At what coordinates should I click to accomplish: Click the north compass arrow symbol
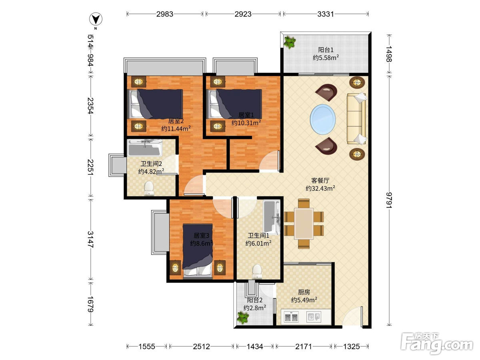pos(96,19)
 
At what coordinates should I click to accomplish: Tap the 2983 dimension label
pos(165,14)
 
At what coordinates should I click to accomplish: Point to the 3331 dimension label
pos(326,14)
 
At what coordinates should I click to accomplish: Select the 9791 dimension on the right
pos(389,200)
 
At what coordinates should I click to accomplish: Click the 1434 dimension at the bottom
pos(255,346)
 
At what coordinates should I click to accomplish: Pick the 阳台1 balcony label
pos(326,50)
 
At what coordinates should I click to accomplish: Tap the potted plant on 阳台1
pos(290,42)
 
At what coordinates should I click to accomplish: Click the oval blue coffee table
pos(322,119)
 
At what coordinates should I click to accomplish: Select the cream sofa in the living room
pos(357,118)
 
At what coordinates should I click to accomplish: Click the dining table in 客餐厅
pos(304,224)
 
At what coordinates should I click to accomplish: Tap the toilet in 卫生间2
pos(149,188)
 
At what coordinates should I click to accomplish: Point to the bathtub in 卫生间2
pos(145,148)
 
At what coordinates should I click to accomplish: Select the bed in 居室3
pos(198,251)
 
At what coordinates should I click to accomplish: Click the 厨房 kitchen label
pos(304,292)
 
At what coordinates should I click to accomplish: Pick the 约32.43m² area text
pos(320,188)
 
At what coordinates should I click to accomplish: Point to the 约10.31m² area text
pos(246,122)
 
